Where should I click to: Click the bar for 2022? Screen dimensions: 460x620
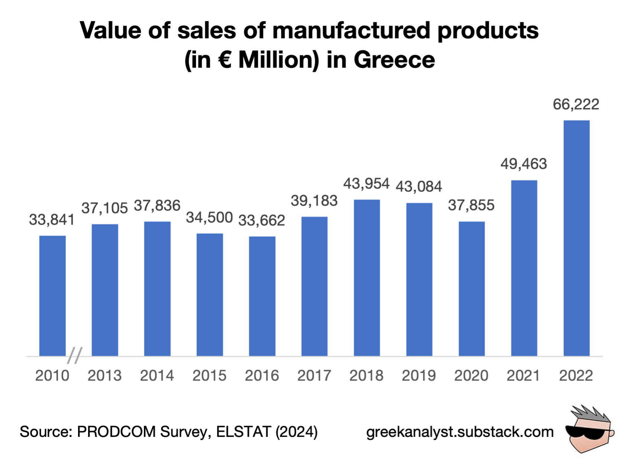[576, 238]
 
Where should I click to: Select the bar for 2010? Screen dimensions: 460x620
[52, 296]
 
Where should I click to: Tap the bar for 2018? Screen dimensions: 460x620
[366, 278]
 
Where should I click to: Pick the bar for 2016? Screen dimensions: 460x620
[262, 296]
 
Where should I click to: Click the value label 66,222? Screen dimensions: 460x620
[576, 104]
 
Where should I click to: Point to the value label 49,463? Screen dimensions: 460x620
[523, 164]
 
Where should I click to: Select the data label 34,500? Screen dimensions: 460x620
[209, 218]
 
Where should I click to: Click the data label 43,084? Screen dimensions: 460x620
[419, 187]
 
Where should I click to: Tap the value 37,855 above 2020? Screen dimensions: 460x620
[471, 205]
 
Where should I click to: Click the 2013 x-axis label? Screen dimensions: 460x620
[104, 376]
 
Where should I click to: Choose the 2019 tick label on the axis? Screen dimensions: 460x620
[419, 376]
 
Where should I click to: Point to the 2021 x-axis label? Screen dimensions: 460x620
[523, 376]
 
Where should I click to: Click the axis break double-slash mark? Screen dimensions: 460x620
[75, 356]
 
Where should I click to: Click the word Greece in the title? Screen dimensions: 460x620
[394, 59]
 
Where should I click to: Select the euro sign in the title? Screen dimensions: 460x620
[225, 59]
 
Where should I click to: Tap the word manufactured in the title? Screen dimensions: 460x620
[351, 30]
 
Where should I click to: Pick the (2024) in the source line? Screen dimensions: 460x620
[296, 432]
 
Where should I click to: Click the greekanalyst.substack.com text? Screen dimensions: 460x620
[460, 432]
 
